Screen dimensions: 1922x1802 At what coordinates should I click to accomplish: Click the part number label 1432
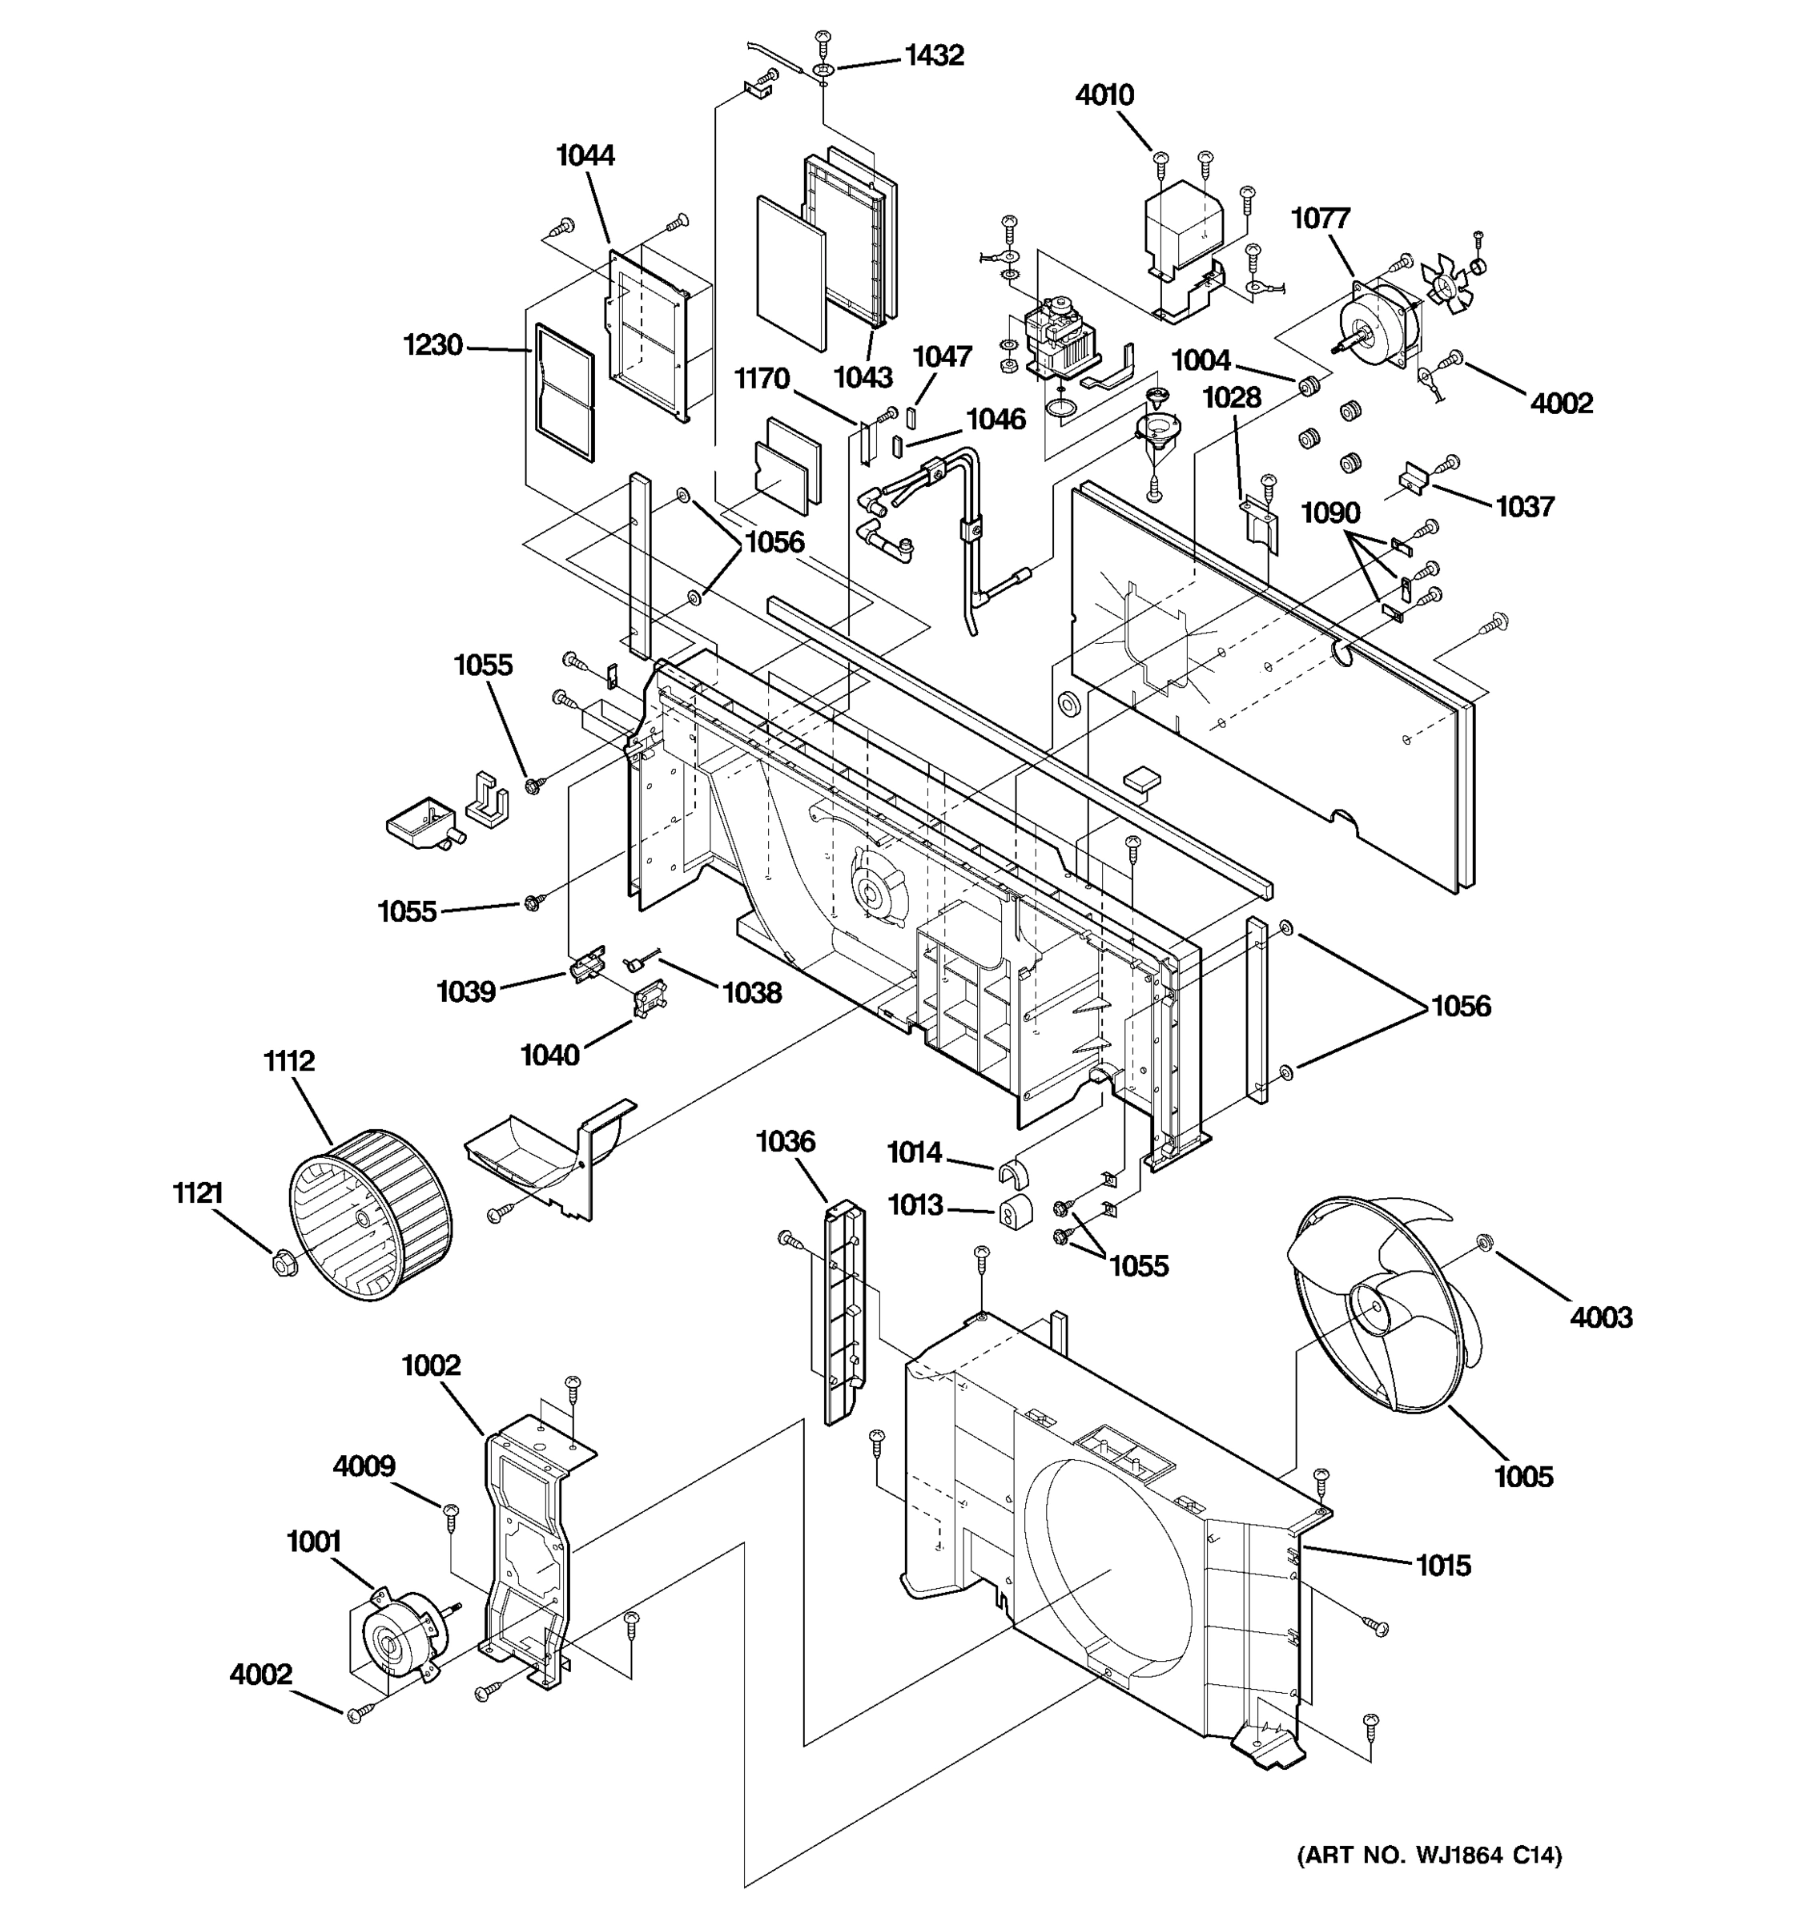(934, 56)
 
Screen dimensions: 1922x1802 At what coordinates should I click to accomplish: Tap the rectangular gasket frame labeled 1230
(565, 391)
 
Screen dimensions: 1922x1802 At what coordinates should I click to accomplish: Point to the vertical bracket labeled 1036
(843, 1310)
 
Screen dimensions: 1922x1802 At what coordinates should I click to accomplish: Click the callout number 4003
(1601, 1317)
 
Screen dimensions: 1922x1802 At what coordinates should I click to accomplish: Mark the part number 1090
(1330, 513)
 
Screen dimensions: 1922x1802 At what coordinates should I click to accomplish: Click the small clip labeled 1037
(1414, 477)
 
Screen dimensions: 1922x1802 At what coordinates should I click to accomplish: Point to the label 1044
(585, 155)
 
